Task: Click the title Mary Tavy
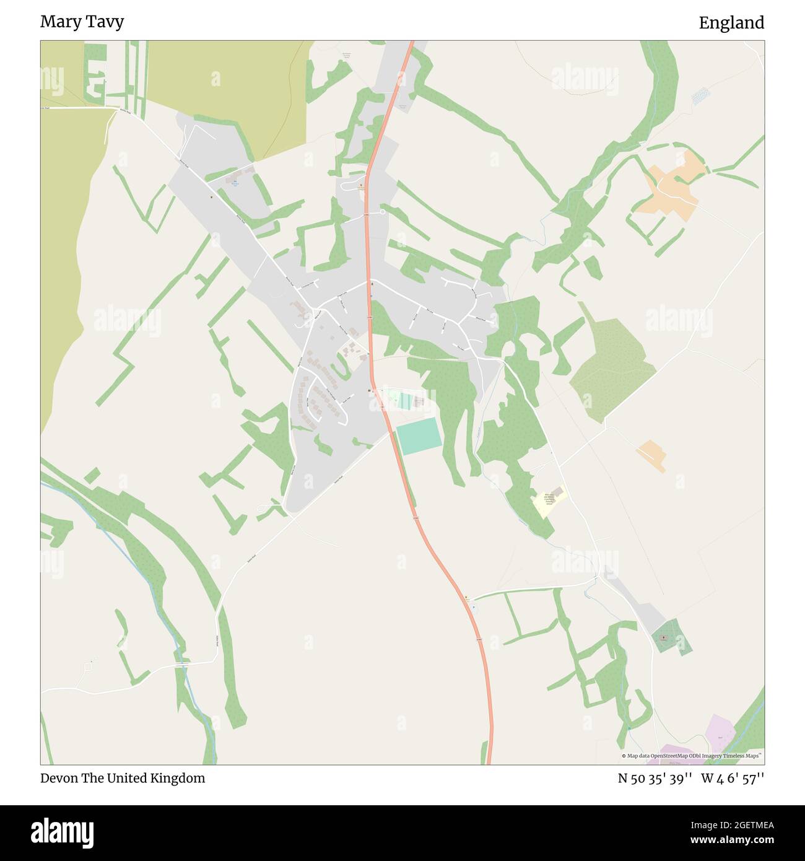pos(82,22)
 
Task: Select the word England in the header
pos(731,23)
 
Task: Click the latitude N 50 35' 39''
pos(655,779)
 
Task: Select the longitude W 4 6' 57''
pos(733,779)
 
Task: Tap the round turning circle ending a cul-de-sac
pos(382,212)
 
